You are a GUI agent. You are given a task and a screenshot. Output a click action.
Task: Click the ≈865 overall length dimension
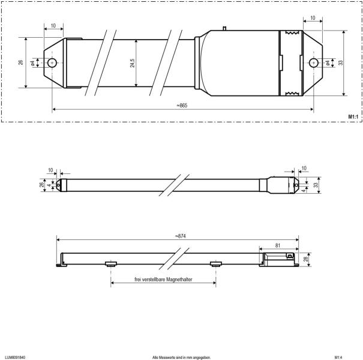[x=182, y=106]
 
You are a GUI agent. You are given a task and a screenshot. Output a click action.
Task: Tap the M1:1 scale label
[x=353, y=115]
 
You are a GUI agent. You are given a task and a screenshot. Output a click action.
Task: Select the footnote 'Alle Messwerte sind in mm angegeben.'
[x=181, y=357]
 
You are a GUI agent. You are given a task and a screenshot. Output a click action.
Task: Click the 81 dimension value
[x=278, y=244]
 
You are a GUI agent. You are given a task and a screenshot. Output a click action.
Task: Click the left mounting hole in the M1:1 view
[x=53, y=62]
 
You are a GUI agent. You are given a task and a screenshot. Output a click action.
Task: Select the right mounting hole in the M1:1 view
[x=312, y=62]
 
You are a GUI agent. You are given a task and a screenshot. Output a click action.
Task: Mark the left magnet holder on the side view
[x=111, y=263]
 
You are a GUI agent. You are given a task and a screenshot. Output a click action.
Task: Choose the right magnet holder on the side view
[x=215, y=263]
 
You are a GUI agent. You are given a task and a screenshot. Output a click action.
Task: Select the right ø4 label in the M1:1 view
[x=327, y=62]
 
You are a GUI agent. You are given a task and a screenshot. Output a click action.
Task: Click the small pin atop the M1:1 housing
[x=224, y=28]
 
